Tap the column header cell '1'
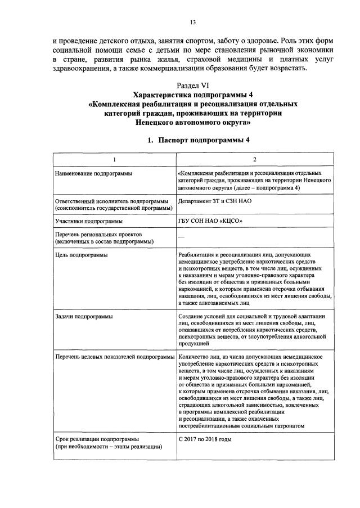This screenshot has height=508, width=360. (114, 160)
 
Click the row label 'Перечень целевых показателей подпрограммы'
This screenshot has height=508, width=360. (115, 357)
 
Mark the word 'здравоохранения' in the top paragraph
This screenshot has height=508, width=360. (87, 69)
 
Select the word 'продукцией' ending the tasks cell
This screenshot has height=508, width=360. (193, 343)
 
